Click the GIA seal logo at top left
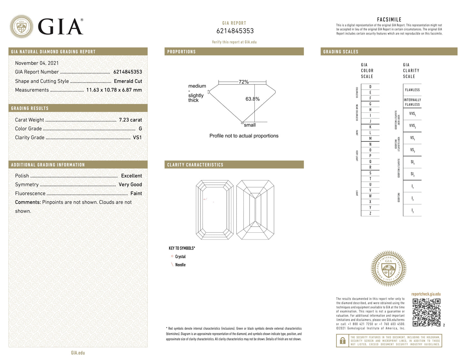pyautogui.click(x=21, y=26)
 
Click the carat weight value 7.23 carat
pyautogui.click(x=130, y=120)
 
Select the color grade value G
pyautogui.click(x=140, y=129)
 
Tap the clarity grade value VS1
pyautogui.click(x=137, y=137)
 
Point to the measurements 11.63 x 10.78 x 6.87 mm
pyautogui.click(x=114, y=90)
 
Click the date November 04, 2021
pyautogui.click(x=37, y=63)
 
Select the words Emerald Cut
pyautogui.click(x=128, y=81)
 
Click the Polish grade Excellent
pyautogui.click(x=131, y=176)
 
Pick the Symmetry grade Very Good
pyautogui.click(x=130, y=184)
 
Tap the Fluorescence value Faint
pyautogui.click(x=136, y=193)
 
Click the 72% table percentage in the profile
pyautogui.click(x=243, y=82)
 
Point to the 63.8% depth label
pyautogui.click(x=253, y=99)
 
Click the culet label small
pyautogui.click(x=250, y=125)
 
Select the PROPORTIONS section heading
pyautogui.click(x=181, y=52)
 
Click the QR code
pyautogui.click(x=426, y=312)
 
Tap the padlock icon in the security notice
pyautogui.click(x=342, y=341)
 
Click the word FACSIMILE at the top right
pyautogui.click(x=389, y=19)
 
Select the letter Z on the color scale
pyautogui.click(x=370, y=213)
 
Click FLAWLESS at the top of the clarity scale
pyautogui.click(x=412, y=90)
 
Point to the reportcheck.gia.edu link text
pyautogui.click(x=426, y=294)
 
